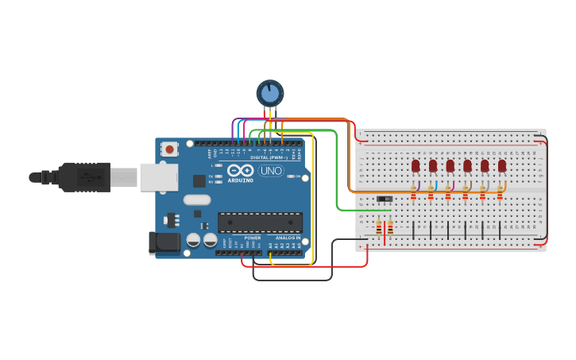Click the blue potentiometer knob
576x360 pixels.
[x=270, y=94]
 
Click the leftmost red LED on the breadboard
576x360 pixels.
[x=416, y=165]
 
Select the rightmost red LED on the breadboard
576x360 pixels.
[x=502, y=165]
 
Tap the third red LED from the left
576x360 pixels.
[x=450, y=165]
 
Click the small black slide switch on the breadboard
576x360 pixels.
[x=385, y=198]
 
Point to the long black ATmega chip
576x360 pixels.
[x=260, y=223]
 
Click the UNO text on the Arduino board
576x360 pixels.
[x=271, y=170]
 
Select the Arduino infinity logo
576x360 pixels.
[x=240, y=170]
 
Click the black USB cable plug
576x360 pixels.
[x=83, y=176]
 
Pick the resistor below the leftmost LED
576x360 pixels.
[x=413, y=195]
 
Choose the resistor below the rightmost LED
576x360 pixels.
[x=500, y=195]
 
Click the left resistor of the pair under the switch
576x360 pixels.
[x=379, y=228]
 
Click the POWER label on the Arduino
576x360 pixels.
[x=253, y=237]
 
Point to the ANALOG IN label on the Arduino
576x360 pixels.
[x=288, y=237]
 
